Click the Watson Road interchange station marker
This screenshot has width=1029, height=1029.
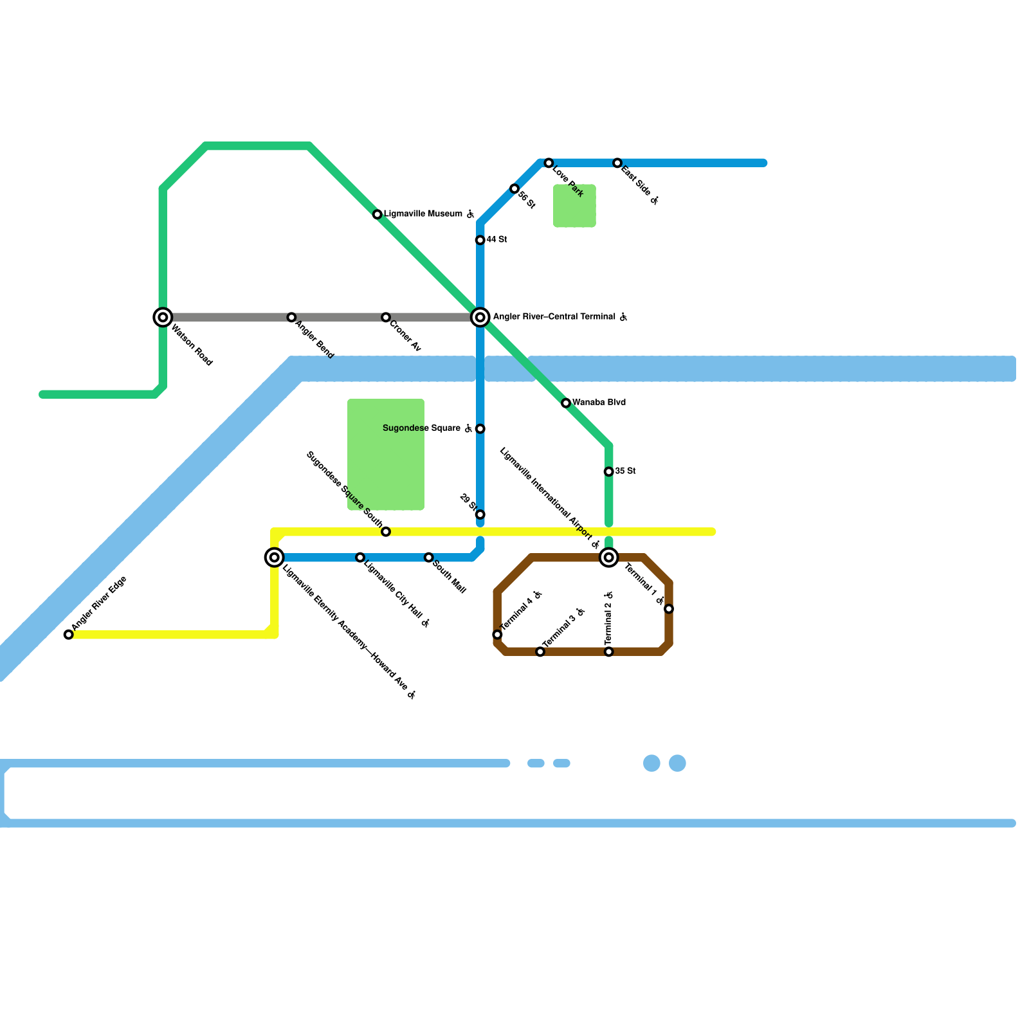pos(163,317)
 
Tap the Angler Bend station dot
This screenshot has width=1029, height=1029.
pos(291,317)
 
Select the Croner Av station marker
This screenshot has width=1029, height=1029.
pos(386,317)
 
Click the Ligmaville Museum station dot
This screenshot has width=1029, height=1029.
pos(378,214)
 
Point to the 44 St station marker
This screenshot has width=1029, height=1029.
pos(480,240)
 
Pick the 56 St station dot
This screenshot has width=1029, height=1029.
pos(514,188)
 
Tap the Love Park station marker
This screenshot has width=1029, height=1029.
pos(549,163)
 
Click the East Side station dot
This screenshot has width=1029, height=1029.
pos(617,163)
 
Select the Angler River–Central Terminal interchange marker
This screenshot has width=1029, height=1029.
pos(480,317)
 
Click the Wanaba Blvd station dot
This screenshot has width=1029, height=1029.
pos(566,403)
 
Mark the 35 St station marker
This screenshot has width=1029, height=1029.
pos(609,471)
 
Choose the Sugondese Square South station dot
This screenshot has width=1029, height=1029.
pos(386,532)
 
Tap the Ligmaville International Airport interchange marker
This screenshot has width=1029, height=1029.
pos(609,558)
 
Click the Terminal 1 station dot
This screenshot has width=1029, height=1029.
pos(669,609)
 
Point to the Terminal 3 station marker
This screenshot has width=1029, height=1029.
pos(540,651)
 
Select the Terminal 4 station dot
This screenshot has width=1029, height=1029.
pos(497,635)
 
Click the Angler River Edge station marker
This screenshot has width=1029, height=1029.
pos(69,635)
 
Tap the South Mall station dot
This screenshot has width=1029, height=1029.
pos(429,558)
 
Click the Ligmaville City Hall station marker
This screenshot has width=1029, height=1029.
pos(360,558)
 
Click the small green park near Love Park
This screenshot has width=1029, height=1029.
pos(574,206)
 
